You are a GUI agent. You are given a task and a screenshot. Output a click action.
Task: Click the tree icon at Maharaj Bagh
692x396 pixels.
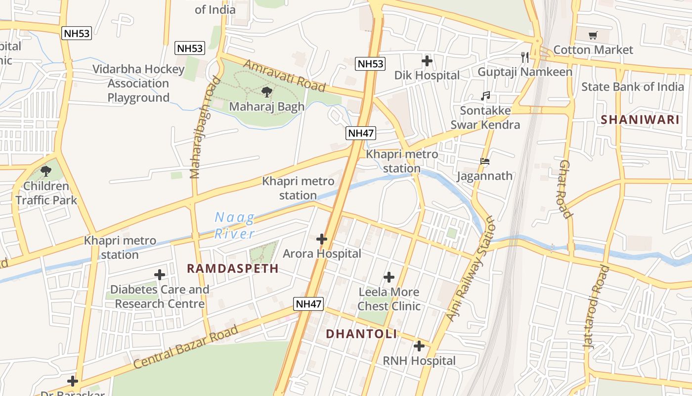click(x=266, y=92)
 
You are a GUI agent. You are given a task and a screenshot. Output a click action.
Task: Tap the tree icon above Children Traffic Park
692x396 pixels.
click(x=46, y=172)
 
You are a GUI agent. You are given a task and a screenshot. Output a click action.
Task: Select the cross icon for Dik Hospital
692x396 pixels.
click(x=427, y=61)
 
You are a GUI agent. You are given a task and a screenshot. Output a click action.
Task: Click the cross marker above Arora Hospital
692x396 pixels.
click(x=322, y=239)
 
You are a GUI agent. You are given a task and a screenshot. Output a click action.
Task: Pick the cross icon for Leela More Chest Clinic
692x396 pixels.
click(x=389, y=277)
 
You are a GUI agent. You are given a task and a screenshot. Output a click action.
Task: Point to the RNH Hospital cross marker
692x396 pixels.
click(x=419, y=346)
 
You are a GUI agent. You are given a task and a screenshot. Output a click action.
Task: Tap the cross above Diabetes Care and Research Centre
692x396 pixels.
click(x=160, y=275)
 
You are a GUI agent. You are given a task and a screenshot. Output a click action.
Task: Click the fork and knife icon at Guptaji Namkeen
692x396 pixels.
click(x=525, y=57)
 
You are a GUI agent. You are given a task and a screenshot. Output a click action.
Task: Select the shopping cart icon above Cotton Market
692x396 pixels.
click(x=593, y=35)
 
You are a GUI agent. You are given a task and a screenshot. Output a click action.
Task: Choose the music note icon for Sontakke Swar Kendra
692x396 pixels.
click(x=485, y=96)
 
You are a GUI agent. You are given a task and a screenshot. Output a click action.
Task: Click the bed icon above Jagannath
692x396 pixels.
click(x=485, y=161)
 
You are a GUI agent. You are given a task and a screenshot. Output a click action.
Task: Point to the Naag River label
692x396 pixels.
click(x=235, y=225)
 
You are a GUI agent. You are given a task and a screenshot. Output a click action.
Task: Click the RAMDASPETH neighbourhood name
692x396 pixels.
click(x=233, y=268)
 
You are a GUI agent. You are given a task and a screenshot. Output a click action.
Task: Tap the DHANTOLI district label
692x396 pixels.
click(x=361, y=334)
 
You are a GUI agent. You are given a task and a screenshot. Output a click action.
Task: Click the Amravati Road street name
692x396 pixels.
click(x=284, y=76)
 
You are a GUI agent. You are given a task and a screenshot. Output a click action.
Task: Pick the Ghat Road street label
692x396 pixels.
click(x=566, y=189)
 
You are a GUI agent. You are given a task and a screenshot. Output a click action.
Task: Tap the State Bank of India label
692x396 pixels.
click(x=632, y=87)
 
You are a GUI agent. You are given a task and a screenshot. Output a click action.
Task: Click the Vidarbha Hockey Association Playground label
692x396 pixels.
click(x=138, y=83)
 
